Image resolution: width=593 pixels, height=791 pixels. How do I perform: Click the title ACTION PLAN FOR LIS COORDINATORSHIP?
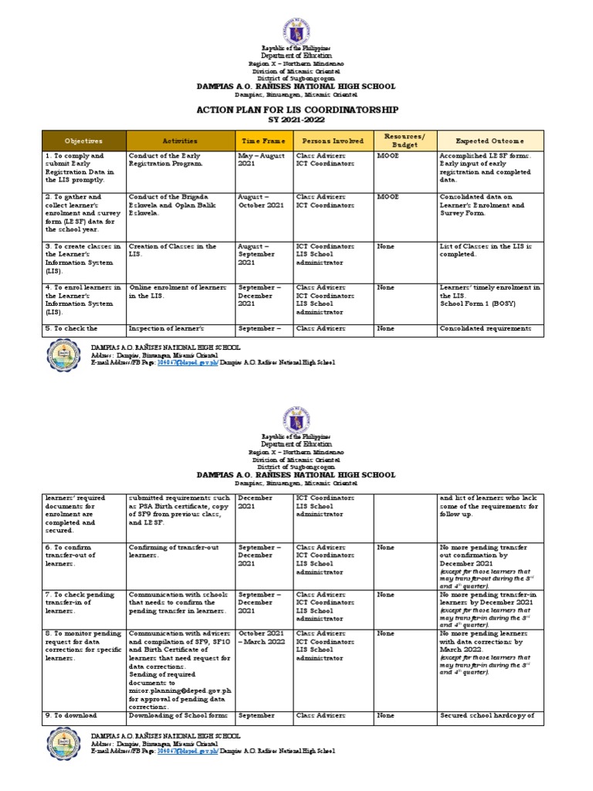[297, 110]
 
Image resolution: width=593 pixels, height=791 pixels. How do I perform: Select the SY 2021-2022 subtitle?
[296, 121]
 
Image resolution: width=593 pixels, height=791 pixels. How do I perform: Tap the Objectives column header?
[83, 141]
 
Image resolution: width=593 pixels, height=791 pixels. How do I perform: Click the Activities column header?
[180, 141]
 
